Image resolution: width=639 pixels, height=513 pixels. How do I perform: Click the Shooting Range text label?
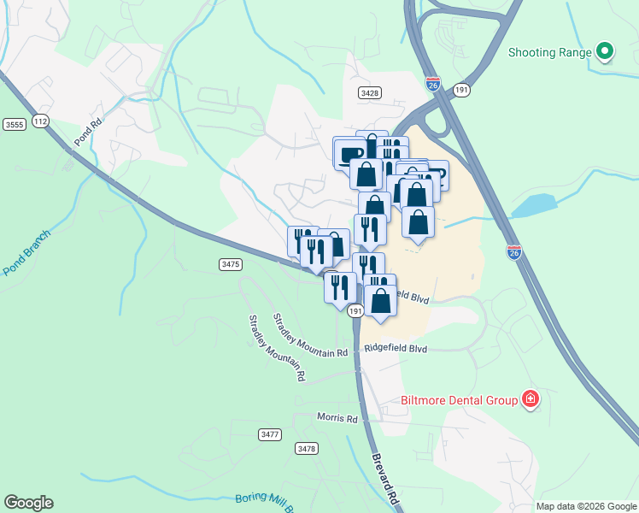click(550, 52)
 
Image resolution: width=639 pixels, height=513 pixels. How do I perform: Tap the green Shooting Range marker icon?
click(605, 52)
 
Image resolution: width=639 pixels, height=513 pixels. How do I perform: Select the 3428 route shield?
click(370, 92)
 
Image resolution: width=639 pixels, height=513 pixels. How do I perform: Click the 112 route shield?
click(40, 121)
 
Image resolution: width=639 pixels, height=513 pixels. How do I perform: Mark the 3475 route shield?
click(230, 264)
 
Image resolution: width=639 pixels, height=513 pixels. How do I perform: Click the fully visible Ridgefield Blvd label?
click(395, 349)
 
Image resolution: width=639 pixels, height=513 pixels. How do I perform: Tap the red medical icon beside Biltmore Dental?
click(531, 399)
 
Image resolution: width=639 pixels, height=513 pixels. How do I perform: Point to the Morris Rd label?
click(337, 418)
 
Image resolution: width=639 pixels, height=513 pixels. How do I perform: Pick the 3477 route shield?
click(269, 434)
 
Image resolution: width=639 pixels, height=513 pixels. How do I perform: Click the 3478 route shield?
click(306, 448)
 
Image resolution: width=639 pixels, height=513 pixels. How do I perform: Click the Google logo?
click(28, 503)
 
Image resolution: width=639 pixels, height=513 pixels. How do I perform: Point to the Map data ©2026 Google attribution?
click(587, 506)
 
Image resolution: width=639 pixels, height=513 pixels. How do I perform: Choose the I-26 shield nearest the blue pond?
click(513, 252)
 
